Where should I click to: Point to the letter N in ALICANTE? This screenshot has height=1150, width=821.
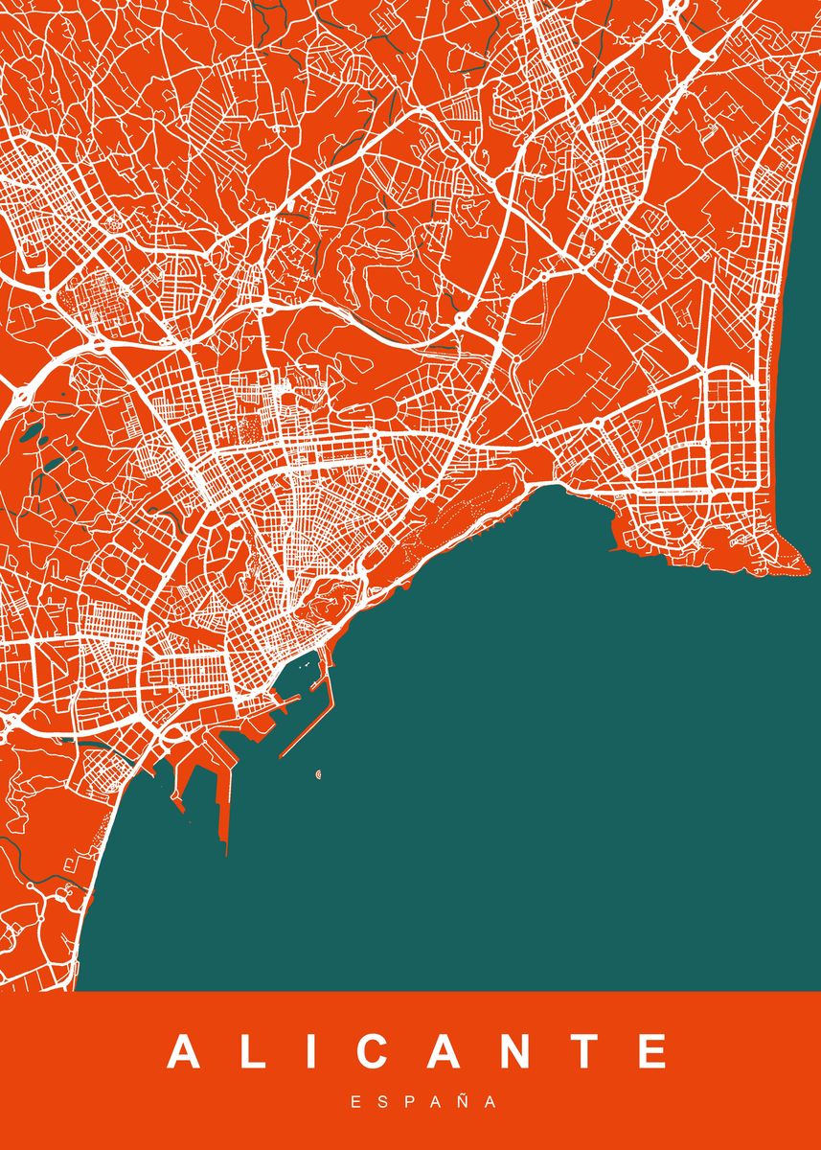(515, 1052)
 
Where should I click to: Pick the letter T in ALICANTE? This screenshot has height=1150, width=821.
(584, 1052)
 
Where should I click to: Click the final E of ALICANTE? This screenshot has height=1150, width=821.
(652, 1052)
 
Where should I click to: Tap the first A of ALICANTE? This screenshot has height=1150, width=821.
(186, 1052)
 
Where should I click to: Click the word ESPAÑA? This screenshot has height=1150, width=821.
(423, 1102)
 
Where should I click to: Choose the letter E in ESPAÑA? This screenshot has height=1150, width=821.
(355, 1102)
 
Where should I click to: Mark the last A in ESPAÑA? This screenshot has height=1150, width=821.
(490, 1102)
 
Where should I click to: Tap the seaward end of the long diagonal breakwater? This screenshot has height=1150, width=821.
(280, 756)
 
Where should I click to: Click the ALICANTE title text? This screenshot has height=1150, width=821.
(419, 1052)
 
